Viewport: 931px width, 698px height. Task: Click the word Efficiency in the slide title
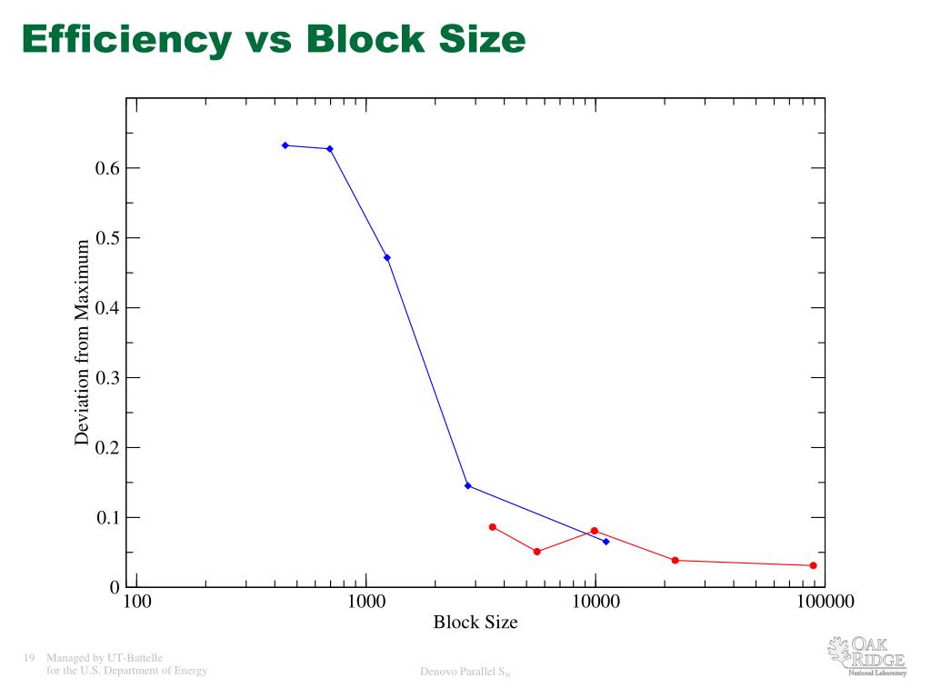tap(126, 39)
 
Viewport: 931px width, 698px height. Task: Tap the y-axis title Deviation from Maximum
tap(83, 342)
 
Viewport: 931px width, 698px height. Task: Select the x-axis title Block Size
tap(476, 623)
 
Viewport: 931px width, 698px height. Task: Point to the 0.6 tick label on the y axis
tap(107, 168)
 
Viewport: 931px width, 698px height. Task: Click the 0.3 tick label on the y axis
tap(107, 378)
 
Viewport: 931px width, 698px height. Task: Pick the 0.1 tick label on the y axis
tap(107, 518)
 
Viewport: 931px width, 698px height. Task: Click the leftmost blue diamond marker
tap(285, 145)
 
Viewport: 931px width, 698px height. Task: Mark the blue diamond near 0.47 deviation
tap(387, 257)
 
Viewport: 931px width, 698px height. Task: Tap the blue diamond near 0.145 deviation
tap(467, 485)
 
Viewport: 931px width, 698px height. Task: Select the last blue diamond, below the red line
tap(606, 542)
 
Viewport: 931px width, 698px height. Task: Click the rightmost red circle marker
tap(813, 565)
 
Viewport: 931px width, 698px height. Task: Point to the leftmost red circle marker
tap(493, 527)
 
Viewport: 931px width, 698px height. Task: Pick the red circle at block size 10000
tap(595, 531)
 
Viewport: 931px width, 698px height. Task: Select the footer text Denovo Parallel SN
tap(465, 673)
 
